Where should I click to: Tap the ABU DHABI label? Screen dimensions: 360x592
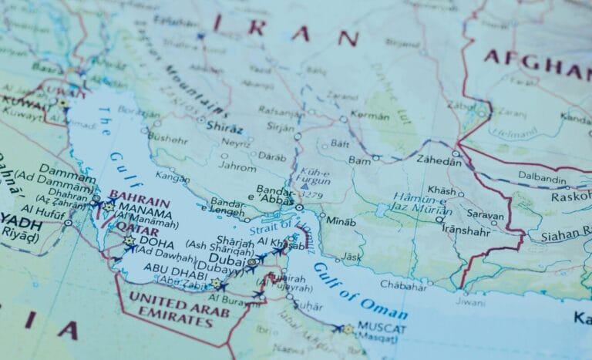click(170, 271)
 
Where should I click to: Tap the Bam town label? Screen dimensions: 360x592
click(360, 160)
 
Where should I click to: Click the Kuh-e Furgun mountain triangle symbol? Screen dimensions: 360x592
click(304, 185)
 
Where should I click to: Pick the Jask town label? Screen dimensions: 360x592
click(352, 256)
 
